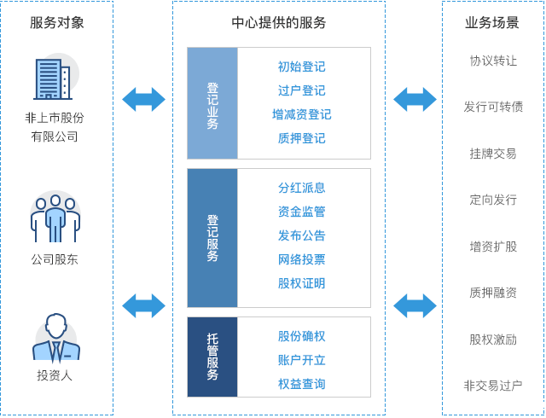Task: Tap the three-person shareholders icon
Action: tap(55, 217)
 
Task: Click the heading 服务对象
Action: tap(56, 23)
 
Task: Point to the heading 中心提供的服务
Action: tap(278, 23)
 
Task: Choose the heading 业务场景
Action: tap(492, 23)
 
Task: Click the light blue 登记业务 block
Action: tap(212, 103)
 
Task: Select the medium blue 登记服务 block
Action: tap(212, 237)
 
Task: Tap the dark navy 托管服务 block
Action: tap(212, 357)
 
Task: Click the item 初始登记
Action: tap(301, 67)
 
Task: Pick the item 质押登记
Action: tap(301, 138)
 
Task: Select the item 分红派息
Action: tap(301, 188)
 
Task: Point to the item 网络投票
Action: tap(301, 259)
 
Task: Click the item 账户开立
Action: tap(301, 360)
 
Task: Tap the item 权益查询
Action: tap(301, 384)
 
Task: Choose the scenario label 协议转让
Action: tap(492, 61)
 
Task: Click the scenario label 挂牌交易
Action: tap(492, 154)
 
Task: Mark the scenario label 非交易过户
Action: tap(492, 386)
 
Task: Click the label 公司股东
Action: tap(55, 259)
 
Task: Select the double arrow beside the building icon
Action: tap(143, 99)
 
